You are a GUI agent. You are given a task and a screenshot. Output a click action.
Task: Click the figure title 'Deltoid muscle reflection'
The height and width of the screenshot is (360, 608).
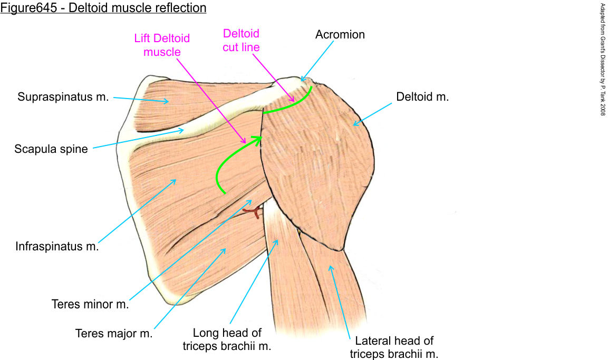(x=103, y=8)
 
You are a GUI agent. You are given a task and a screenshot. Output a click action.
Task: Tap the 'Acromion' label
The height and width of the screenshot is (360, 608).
(x=340, y=35)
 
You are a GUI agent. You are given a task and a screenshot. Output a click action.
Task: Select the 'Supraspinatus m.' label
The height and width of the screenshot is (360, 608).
(x=63, y=97)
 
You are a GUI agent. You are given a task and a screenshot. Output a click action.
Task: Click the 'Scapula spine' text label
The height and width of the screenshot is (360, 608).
(x=51, y=149)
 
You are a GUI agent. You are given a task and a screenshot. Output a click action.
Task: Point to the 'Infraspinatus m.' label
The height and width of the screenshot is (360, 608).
(x=57, y=246)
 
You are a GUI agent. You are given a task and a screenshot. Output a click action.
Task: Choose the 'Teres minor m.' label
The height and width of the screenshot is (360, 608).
(x=90, y=304)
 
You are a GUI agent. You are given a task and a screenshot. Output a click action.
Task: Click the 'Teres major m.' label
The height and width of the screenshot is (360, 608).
(x=114, y=334)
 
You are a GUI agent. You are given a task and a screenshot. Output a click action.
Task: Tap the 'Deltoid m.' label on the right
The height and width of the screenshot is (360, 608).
(x=422, y=97)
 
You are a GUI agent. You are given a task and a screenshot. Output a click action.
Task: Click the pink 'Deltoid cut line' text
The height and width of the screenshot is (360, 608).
(x=241, y=40)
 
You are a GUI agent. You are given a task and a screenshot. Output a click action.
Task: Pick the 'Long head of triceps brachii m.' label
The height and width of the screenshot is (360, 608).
(x=227, y=339)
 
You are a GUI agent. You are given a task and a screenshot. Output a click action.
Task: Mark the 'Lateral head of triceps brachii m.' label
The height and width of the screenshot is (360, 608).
(x=394, y=347)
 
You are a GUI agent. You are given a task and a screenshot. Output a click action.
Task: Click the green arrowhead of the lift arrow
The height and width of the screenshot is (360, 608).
(x=258, y=140)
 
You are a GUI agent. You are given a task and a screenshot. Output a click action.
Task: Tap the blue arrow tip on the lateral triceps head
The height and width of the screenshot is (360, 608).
(x=330, y=266)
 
